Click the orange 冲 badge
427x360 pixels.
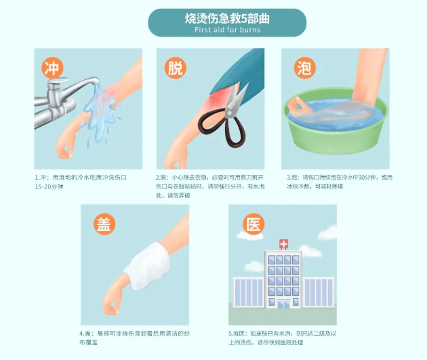point(52,67)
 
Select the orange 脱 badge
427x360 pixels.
point(174,67)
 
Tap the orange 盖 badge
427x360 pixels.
point(103,224)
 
